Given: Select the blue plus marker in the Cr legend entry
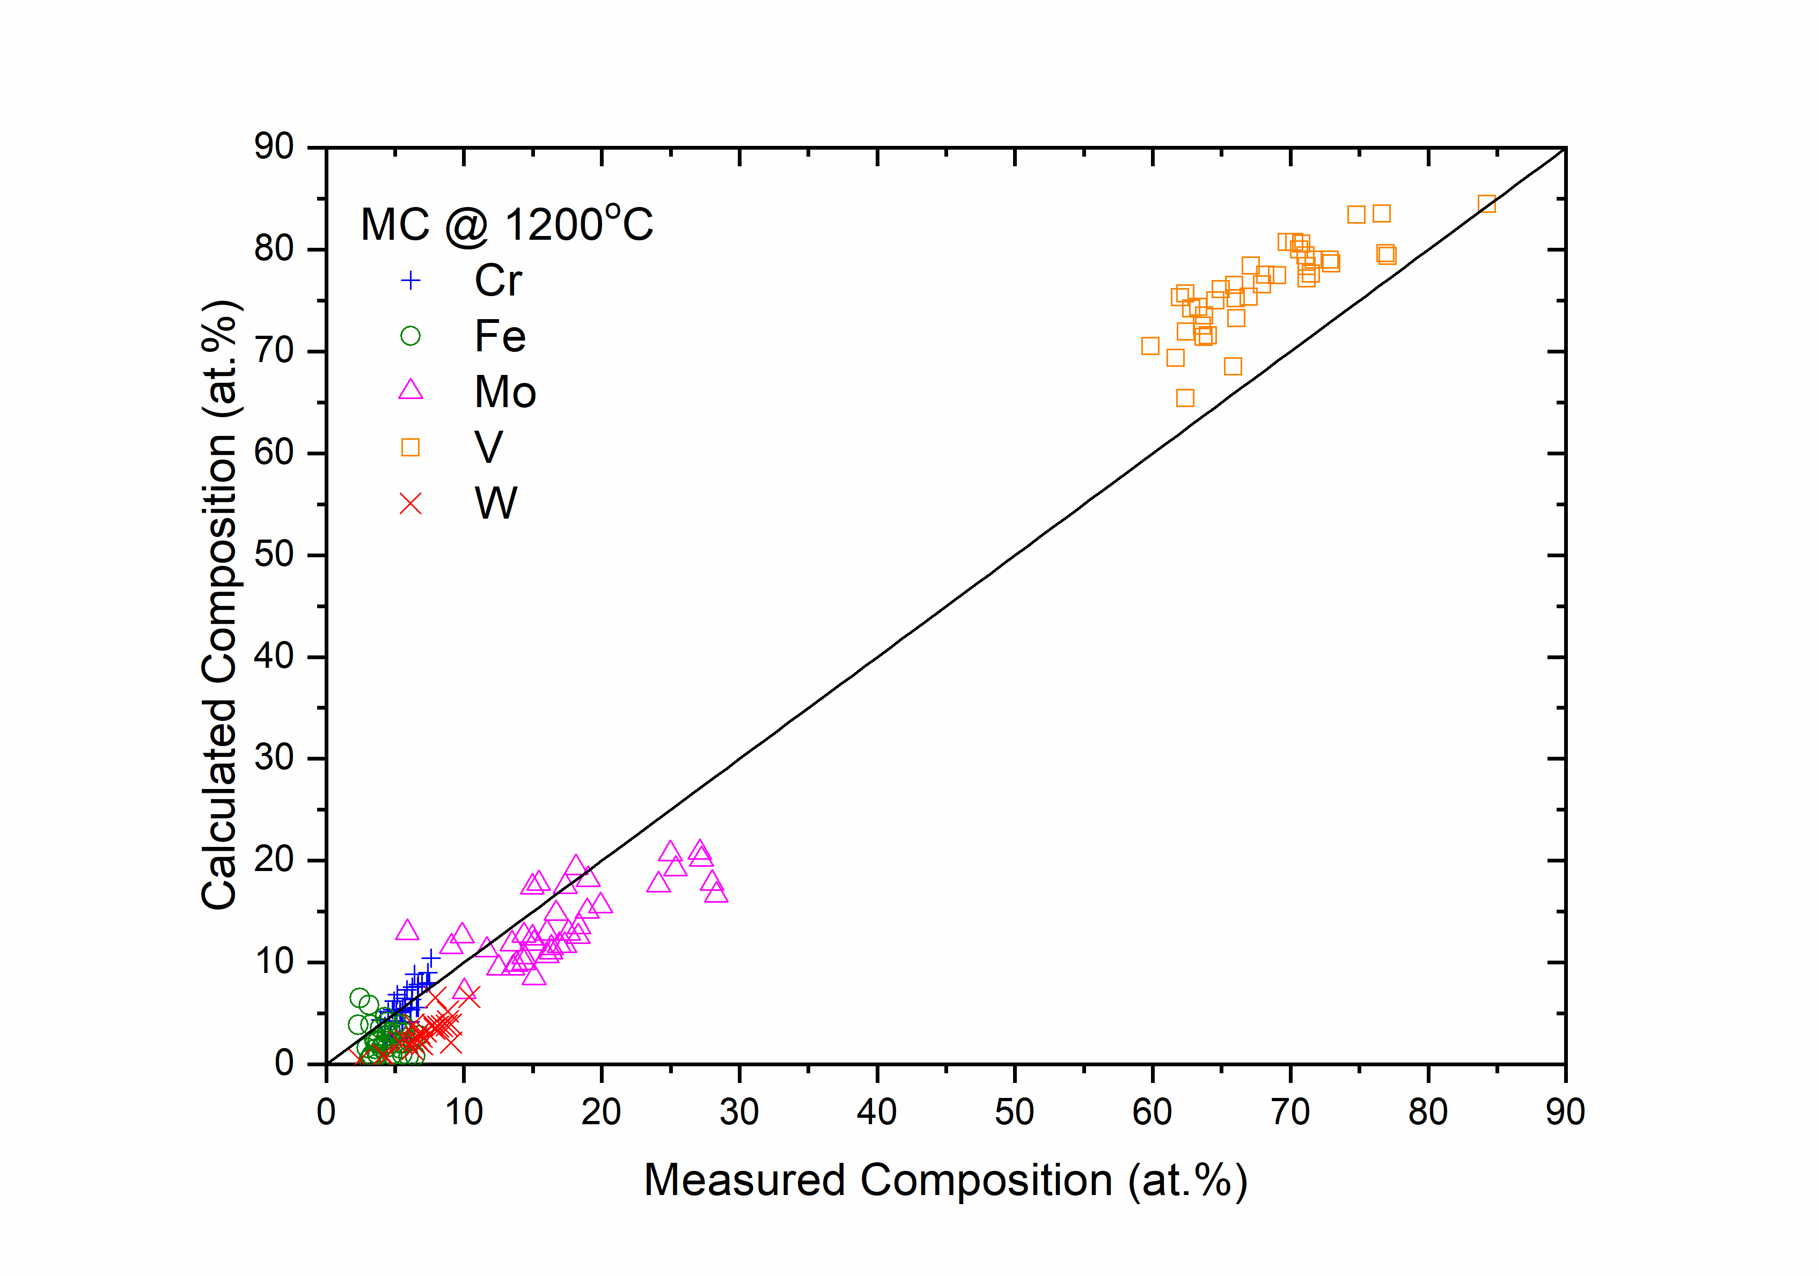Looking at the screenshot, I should tap(410, 281).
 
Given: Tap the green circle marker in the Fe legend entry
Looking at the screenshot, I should tap(410, 336).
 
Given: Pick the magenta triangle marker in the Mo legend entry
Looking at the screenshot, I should tap(410, 390).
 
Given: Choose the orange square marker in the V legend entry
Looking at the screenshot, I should tap(410, 447).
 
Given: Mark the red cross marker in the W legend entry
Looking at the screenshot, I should tap(410, 504).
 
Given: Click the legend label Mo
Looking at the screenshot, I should tap(505, 392).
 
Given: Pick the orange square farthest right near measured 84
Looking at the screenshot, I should tap(1486, 204).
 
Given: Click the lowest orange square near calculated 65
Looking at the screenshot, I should tap(1184, 397).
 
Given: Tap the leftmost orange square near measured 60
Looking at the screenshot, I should tap(1149, 345).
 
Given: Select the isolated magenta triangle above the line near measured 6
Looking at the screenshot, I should tap(406, 931).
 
